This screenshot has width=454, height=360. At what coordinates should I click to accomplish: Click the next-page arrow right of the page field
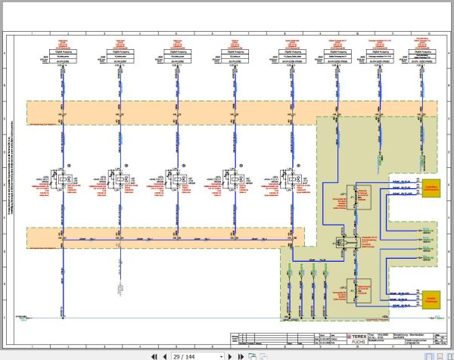[231, 355]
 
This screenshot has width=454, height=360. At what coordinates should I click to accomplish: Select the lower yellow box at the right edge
[430, 297]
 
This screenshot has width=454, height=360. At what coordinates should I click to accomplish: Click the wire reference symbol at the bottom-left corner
[23, 318]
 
